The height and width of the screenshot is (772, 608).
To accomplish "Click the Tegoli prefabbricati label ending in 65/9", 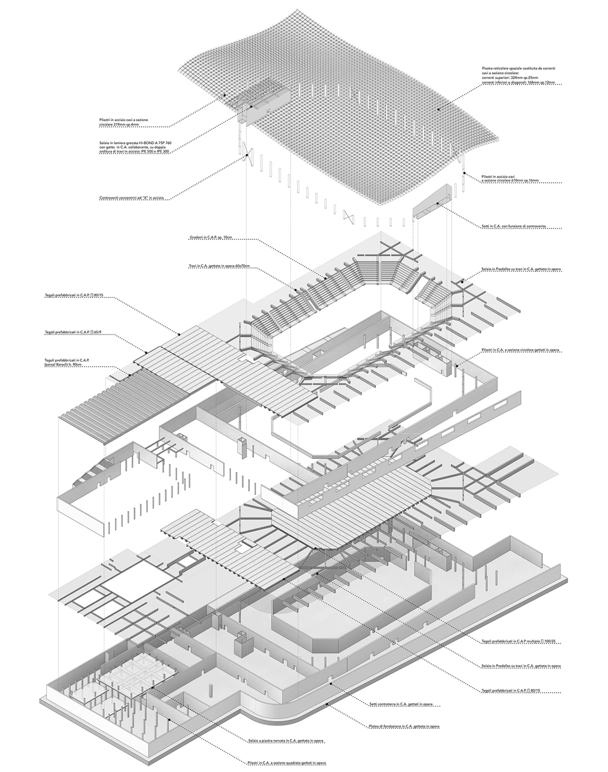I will (73, 332).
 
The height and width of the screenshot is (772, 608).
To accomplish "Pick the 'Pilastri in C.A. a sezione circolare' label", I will (520, 349).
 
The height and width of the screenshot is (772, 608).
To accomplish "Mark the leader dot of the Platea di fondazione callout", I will (329, 704).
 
